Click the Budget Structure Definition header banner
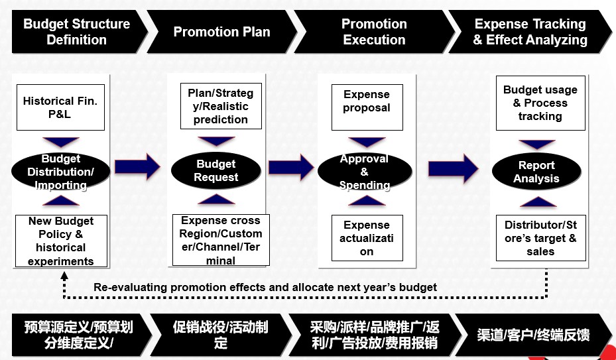pyautogui.click(x=78, y=31)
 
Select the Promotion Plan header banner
pyautogui.click(x=222, y=31)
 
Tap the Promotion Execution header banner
pyautogui.click(x=374, y=31)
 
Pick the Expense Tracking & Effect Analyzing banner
pyautogui.click(x=530, y=31)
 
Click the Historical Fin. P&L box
pyautogui.click(x=60, y=107)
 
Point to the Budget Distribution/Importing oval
pyautogui.click(x=60, y=171)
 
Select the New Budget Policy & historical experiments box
pyautogui.click(x=61, y=241)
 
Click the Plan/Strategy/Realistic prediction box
pyautogui.click(x=221, y=106)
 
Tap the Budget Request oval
pyautogui.click(x=216, y=170)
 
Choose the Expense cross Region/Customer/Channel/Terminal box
pyautogui.click(x=221, y=240)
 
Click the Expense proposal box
pyautogui.click(x=367, y=107)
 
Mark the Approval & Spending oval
pyautogui.click(x=365, y=171)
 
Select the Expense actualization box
pyautogui.click(x=367, y=238)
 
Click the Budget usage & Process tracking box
pyautogui.click(x=540, y=103)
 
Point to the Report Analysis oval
pyautogui.click(x=536, y=171)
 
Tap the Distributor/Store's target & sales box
pyautogui.click(x=540, y=238)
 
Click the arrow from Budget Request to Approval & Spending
pyautogui.click(x=291, y=167)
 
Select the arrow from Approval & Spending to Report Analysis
pyautogui.click(x=454, y=168)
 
